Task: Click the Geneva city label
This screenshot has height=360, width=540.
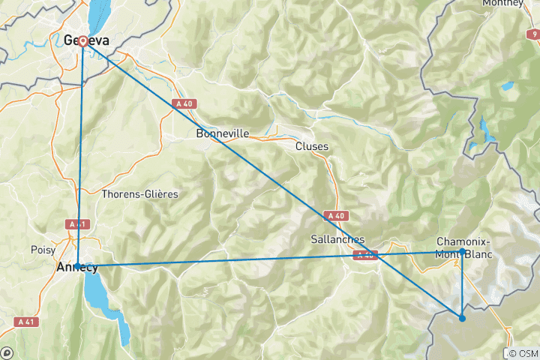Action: [x=84, y=40]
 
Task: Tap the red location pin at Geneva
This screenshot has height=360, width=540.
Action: [x=82, y=42]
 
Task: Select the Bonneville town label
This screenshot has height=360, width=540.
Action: [x=222, y=134]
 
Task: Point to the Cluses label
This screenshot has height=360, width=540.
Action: [x=312, y=146]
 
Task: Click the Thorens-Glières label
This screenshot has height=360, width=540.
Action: [x=140, y=193]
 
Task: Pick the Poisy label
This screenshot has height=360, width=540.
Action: [x=43, y=249]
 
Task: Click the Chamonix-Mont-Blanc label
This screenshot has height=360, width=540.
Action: [x=463, y=247]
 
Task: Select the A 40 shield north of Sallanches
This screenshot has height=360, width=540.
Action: [x=335, y=215]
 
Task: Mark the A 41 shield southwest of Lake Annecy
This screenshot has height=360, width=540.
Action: [x=24, y=322]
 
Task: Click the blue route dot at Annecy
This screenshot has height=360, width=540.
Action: [x=77, y=265]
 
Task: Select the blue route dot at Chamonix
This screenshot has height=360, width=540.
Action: [x=461, y=252]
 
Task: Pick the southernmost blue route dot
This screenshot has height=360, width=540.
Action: [x=462, y=319]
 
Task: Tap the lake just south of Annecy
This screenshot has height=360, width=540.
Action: [x=97, y=292]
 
